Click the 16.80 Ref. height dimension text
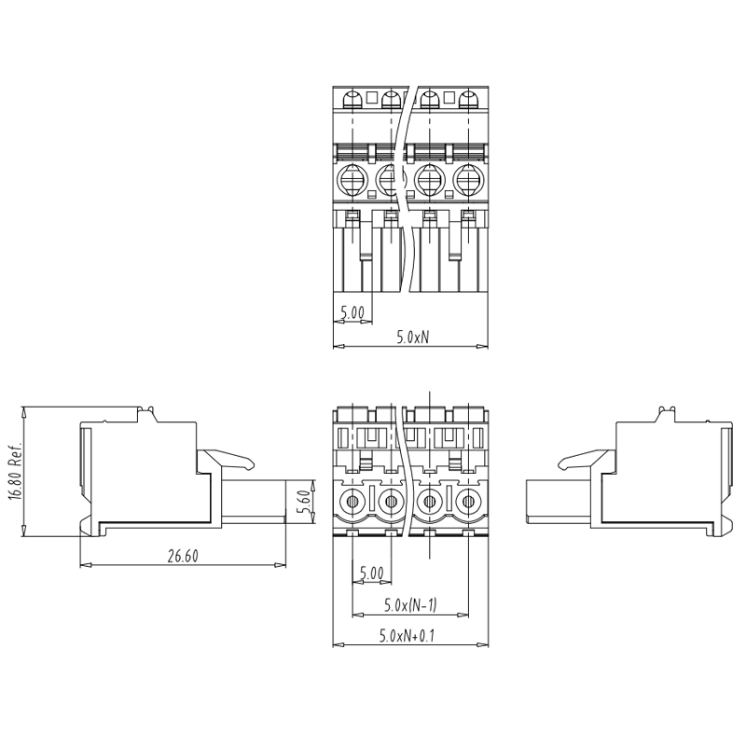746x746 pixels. pos(16,472)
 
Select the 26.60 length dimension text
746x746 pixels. pos(183,556)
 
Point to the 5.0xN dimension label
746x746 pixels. pos(413,337)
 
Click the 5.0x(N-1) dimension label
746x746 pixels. pos(410,604)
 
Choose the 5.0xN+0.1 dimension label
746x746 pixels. pos(407,636)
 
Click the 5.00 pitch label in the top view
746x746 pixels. pos(352,312)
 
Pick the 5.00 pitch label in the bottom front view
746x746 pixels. pos(371,573)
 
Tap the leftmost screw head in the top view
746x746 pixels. pos(352,180)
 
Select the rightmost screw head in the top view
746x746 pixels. pos(469,180)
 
